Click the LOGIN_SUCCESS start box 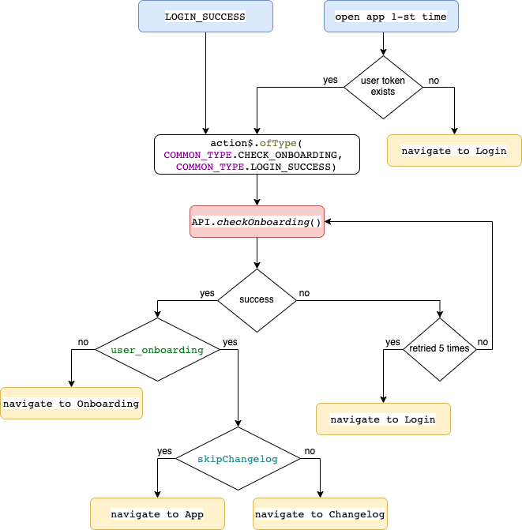pos(205,17)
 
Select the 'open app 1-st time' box pos(391,17)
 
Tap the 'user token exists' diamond pos(383,87)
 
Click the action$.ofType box pos(257,155)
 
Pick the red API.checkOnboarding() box pos(257,222)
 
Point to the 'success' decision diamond pos(257,300)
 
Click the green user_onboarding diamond pos(157,349)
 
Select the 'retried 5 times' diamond pos(440,349)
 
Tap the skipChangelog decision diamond pos(238,459)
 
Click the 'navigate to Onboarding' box pos(71,404)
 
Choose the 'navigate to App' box pos(157,513)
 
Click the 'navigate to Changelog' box pos(320,513)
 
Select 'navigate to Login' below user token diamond pos(454,150)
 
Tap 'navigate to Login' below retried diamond pos(383,419)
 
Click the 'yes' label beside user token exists pos(330,80)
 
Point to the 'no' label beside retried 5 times pos(483,342)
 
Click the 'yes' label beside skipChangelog pos(164,451)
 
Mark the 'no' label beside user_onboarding pos(83,342)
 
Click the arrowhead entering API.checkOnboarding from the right pos(328,222)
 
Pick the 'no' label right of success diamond pos(304,293)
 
